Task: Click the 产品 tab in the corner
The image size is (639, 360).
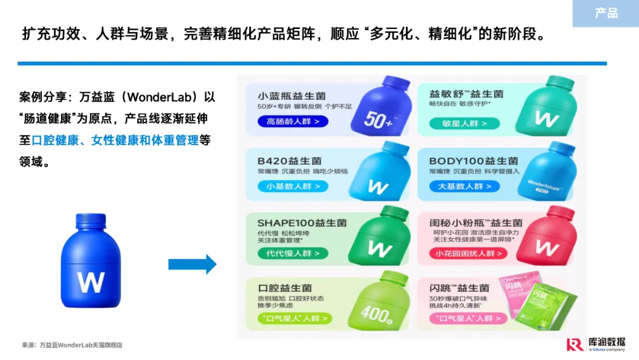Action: point(606,13)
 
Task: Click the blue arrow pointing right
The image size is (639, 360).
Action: point(192,264)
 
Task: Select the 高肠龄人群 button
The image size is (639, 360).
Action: point(293,122)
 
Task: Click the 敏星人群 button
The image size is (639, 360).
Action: point(464,123)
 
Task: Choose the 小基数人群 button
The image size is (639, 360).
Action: point(293,186)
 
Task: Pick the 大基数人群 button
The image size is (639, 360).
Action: point(464,186)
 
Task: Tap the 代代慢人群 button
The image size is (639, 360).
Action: point(293,253)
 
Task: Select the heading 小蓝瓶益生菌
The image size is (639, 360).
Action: point(292,96)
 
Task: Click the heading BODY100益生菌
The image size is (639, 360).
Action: point(473,160)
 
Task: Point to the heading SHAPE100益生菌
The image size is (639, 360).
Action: point(302,223)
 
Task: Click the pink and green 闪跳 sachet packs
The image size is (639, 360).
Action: point(536,302)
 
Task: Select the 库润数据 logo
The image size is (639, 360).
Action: point(595,344)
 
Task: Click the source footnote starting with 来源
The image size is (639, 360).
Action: point(72,345)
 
